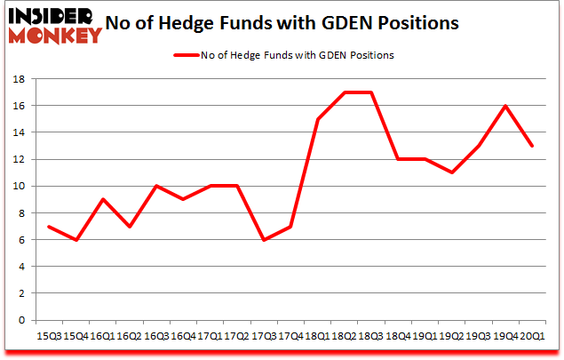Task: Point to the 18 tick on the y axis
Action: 20,79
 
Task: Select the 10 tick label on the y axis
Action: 20,187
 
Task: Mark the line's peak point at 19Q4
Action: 504,106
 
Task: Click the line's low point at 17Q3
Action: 263,240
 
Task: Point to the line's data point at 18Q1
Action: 317,119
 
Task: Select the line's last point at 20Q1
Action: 531,146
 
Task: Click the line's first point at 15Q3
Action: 48,226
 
